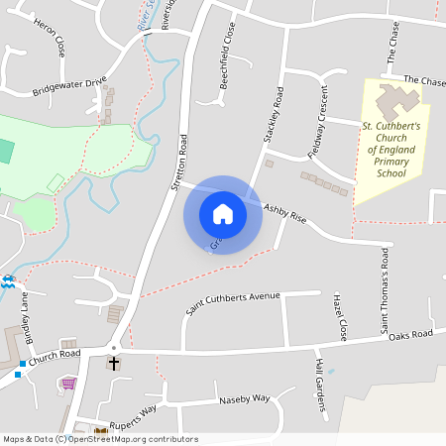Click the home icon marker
223,214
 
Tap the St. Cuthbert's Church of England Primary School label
391,150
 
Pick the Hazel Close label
342,316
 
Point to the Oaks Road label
410,335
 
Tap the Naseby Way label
243,397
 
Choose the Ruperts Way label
133,409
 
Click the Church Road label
55,355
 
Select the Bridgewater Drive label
68,87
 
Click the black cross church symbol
114,364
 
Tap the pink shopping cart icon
68,384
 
